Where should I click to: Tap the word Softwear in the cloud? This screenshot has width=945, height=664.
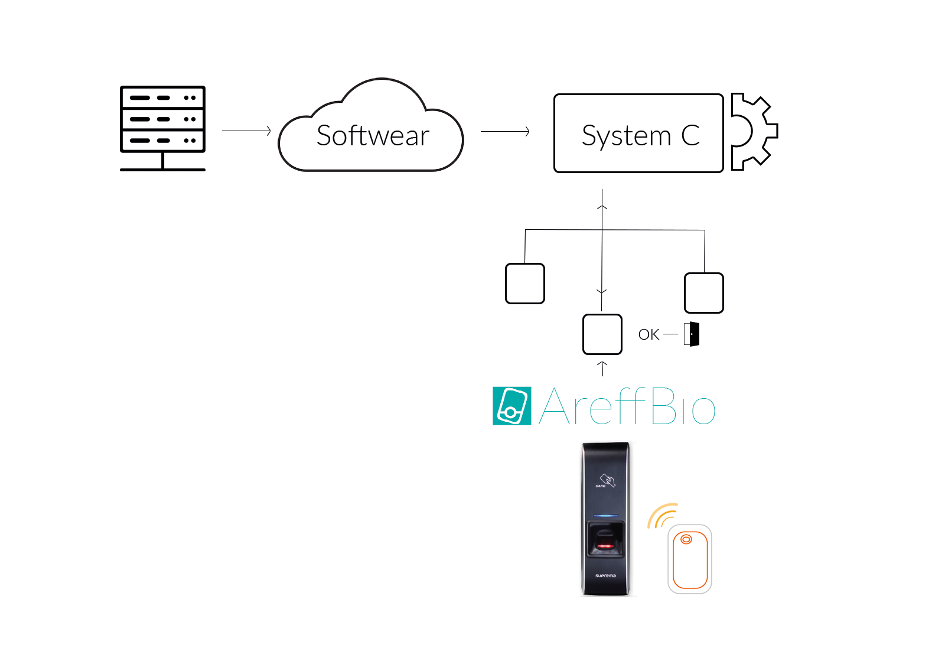[x=373, y=136]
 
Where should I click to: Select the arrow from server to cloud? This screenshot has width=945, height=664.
[x=246, y=131]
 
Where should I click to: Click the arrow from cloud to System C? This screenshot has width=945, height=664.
[x=505, y=131]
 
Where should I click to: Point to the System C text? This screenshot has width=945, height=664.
[x=640, y=136]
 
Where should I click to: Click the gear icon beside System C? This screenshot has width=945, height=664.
[x=753, y=132]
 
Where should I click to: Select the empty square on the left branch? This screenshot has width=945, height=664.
[x=525, y=284]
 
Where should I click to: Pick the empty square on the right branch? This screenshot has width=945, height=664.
[x=703, y=292]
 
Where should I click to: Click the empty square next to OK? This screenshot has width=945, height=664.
[x=602, y=334]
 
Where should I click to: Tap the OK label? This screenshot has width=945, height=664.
[x=649, y=335]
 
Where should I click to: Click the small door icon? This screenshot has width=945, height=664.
[x=692, y=334]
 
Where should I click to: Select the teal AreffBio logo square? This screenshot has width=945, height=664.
[x=511, y=406]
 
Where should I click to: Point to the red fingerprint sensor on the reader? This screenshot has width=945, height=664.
[x=604, y=545]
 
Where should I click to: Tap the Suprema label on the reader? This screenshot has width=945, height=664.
[x=605, y=575]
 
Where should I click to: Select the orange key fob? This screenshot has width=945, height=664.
[x=689, y=559]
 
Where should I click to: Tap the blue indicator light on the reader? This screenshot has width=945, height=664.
[x=605, y=516]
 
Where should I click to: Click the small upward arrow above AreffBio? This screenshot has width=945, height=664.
[x=602, y=369]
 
